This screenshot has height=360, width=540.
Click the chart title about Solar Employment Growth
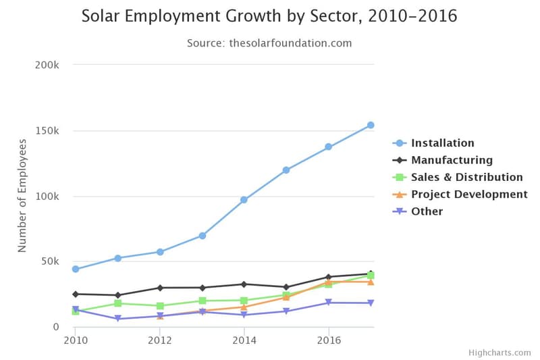coord(269,16)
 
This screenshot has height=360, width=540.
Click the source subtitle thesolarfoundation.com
coord(269,43)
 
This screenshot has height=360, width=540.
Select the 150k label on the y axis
coord(48,130)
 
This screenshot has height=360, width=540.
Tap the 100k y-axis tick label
coord(48,196)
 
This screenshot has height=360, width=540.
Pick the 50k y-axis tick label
coord(51,261)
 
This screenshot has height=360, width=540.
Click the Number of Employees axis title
coord(22,196)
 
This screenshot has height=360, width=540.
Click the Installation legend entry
coord(442,143)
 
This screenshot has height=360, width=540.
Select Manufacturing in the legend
coord(452,160)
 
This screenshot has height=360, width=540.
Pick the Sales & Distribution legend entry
coord(466,177)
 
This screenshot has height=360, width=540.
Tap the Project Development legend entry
coord(469,195)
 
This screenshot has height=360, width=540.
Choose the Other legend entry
coord(427,211)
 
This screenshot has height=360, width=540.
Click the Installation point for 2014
coord(244,200)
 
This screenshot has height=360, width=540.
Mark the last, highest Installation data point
coord(371,125)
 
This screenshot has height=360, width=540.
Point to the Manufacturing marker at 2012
coord(160,288)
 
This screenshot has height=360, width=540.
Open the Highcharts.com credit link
coord(500,353)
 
